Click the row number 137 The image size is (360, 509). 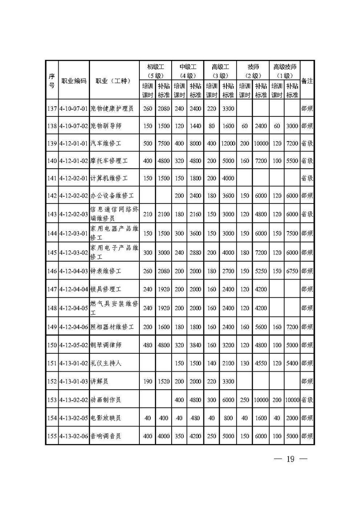[x=52, y=109]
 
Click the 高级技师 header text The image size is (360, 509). [x=285, y=67]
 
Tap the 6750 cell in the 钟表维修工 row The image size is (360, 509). [x=292, y=271]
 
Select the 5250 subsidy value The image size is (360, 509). [x=260, y=271]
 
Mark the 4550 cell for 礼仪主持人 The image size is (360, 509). [x=260, y=363]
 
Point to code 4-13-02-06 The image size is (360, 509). [x=74, y=436]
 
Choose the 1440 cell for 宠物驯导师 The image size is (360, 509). [x=195, y=126]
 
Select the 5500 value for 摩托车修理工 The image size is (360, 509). [x=292, y=161]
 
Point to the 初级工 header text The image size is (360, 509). [x=155, y=67]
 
